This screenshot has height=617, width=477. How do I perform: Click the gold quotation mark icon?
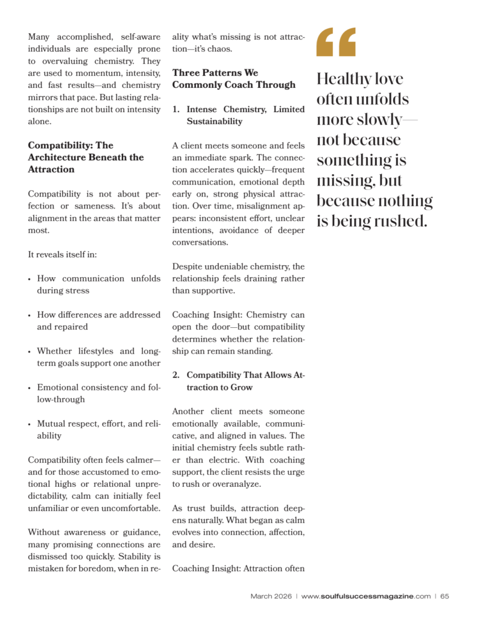tap(336, 42)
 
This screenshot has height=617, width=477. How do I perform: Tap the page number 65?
tap(444, 597)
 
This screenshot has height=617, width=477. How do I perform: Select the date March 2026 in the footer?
tap(271, 597)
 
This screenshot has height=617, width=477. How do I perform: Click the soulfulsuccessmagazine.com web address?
tap(366, 597)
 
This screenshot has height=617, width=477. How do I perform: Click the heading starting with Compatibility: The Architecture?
tap(86, 157)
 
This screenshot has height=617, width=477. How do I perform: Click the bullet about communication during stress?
tap(98, 284)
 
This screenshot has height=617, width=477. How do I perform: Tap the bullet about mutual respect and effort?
tap(98, 430)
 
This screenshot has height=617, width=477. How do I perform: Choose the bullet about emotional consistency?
tap(98, 393)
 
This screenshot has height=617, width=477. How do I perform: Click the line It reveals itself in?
tap(63, 254)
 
